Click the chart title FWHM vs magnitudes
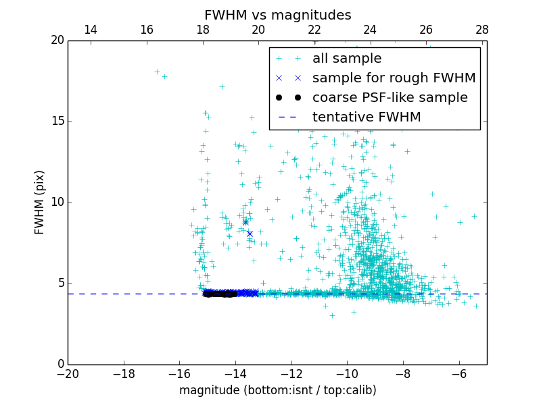pos(277,15)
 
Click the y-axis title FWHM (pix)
pos(40,202)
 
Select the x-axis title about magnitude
pos(277,390)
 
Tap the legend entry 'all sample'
pos(347,59)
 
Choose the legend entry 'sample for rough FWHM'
pos(394,78)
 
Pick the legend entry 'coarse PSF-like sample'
pos(390,98)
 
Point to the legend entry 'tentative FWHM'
pos(367,117)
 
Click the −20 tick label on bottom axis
pos(68,373)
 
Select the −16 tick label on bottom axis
pos(179,373)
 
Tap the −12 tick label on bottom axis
pos(291,373)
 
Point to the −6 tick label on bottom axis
pos(459,373)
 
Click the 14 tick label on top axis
pos(90,30)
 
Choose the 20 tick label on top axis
pos(258,30)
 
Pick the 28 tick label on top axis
pos(482,30)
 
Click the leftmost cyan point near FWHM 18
pos(157,72)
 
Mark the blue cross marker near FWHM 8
pos(250,234)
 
